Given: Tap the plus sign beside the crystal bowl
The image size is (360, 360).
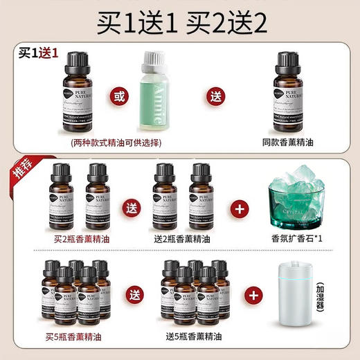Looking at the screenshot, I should click(242, 206).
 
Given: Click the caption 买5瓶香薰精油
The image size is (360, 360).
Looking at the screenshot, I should click(75, 337).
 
